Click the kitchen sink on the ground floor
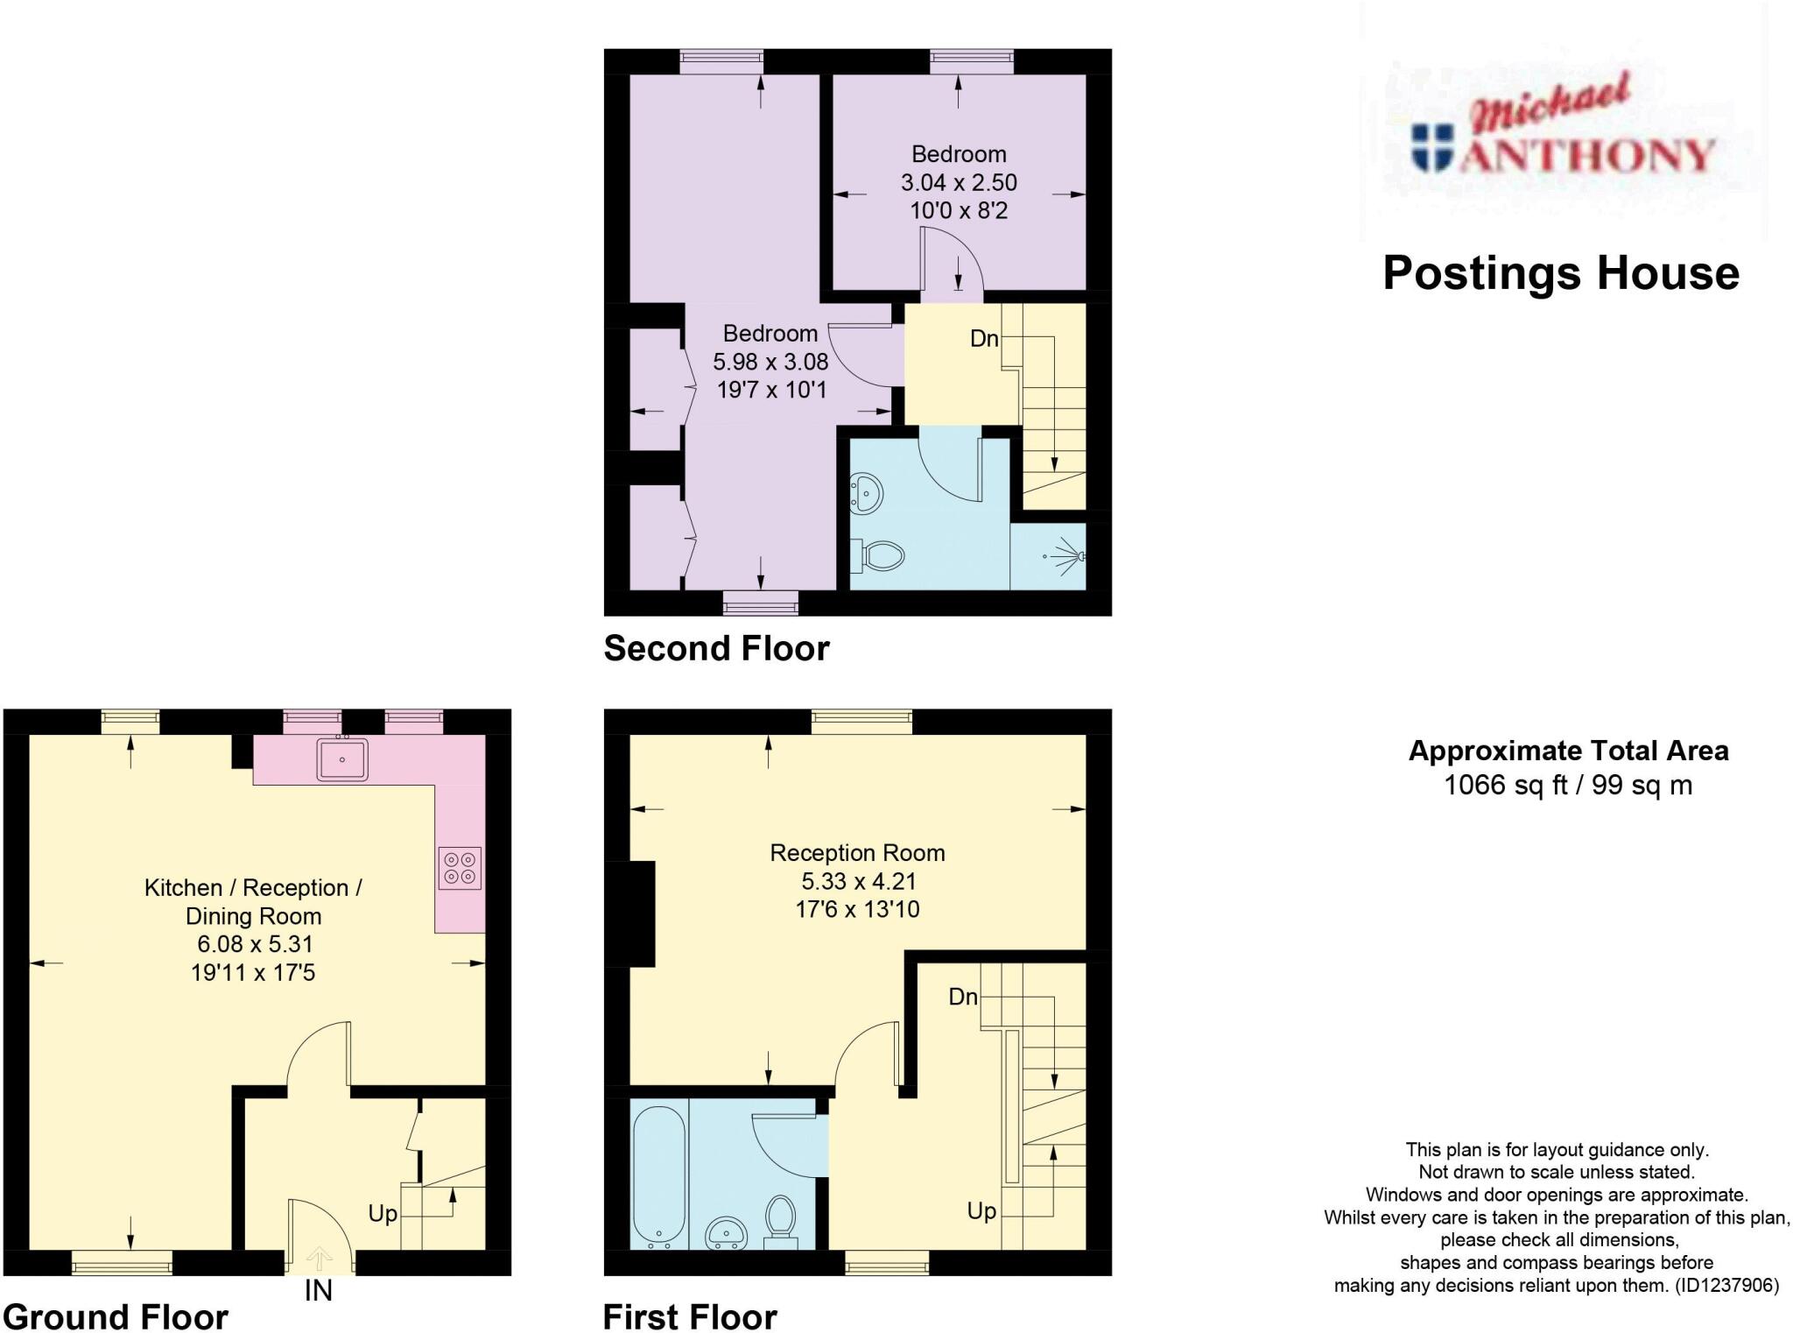(343, 758)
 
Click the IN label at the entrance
(318, 1290)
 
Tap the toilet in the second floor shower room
(881, 554)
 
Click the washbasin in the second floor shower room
(867, 494)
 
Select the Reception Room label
(857, 852)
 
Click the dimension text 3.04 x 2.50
(959, 182)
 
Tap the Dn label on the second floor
(984, 339)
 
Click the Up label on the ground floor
(383, 1213)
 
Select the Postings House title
(1560, 273)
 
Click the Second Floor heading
(716, 648)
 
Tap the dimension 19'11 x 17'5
(253, 972)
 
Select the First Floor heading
(690, 1316)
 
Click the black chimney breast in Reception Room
(642, 913)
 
